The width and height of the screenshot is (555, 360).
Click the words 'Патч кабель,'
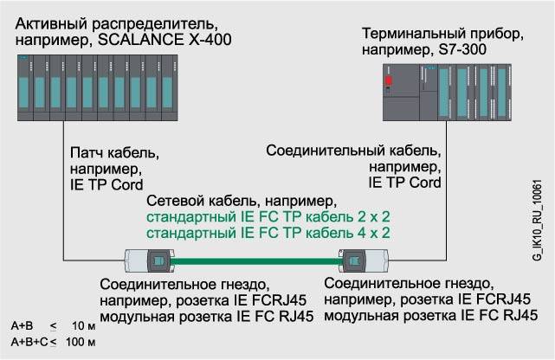tap(113, 153)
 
